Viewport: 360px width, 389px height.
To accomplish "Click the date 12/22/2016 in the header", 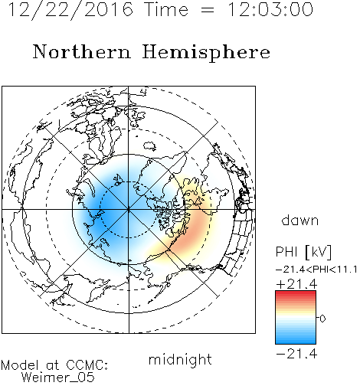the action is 70,10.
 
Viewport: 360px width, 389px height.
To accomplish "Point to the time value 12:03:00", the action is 270,9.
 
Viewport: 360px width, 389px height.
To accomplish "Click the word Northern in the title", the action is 82,51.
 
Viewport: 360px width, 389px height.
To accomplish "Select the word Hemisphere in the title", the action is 206,53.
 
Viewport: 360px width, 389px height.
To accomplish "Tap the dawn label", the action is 300,220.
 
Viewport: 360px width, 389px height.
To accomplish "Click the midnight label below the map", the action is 180,361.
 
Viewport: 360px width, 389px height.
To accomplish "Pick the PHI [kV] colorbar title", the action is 304,252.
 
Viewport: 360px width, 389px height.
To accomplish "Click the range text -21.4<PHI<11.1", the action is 316,270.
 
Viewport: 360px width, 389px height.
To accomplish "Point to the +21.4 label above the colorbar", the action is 296,284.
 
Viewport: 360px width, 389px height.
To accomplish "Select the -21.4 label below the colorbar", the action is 296,354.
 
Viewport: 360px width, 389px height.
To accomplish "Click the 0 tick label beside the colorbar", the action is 322,319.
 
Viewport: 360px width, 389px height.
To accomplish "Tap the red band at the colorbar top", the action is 296,294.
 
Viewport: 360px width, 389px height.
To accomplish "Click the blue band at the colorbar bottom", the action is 296,340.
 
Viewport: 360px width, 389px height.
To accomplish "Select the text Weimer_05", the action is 58,378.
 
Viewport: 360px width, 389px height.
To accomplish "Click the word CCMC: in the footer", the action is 87,365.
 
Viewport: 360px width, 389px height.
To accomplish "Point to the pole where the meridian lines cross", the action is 129,210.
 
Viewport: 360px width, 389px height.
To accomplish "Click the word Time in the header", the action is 166,9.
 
